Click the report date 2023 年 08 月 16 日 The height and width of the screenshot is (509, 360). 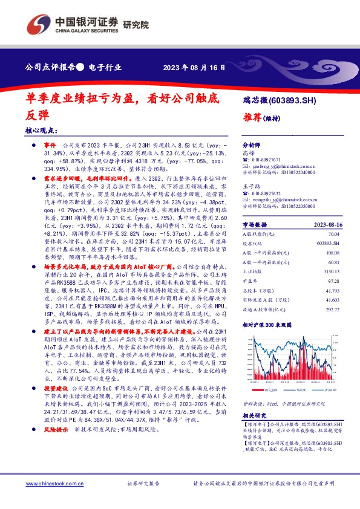(x=194, y=67)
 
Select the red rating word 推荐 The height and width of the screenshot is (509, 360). (x=252, y=117)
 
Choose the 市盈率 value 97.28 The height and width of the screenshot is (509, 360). (x=345, y=281)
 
